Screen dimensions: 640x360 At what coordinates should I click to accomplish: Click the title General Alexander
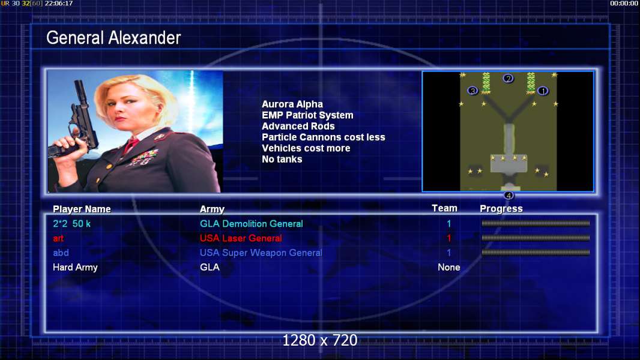[x=113, y=38]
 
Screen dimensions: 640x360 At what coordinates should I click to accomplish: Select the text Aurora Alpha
[x=292, y=104]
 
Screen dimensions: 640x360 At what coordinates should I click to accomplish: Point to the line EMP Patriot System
[x=307, y=115]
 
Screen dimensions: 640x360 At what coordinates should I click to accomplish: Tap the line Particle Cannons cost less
[x=323, y=137]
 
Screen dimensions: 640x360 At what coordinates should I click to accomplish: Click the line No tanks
[x=282, y=160]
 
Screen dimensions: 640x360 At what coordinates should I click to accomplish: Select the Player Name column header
[x=82, y=209]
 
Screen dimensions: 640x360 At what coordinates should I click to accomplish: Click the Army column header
[x=212, y=209]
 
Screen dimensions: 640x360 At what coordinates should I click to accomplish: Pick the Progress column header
[x=501, y=209]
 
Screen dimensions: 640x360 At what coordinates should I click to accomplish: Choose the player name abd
[x=61, y=253]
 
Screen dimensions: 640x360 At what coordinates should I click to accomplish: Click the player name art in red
[x=58, y=239]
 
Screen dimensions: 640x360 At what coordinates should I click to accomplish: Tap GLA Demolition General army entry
[x=252, y=224]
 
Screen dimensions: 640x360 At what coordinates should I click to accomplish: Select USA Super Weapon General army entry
[x=261, y=253]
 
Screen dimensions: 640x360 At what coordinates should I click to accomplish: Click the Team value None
[x=449, y=268]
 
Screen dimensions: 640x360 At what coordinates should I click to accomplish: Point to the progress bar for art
[x=536, y=238]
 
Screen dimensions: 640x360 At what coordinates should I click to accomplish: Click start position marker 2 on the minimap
[x=508, y=78]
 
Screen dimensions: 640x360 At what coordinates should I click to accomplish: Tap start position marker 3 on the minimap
[x=472, y=91]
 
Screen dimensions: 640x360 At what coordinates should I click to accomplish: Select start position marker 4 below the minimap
[x=509, y=195]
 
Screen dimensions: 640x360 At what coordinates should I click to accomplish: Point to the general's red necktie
[x=131, y=145]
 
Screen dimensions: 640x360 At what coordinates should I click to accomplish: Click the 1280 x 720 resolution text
[x=320, y=340]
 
